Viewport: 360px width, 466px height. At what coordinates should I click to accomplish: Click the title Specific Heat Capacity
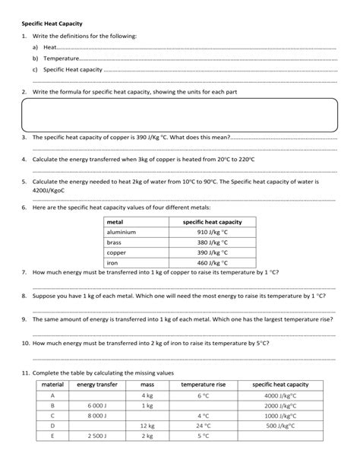(x=51, y=22)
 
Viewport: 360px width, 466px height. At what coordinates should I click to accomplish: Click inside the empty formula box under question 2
(x=179, y=116)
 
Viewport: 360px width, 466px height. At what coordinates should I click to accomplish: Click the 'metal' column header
(x=116, y=221)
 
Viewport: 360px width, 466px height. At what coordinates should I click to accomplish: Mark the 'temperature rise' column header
(x=203, y=385)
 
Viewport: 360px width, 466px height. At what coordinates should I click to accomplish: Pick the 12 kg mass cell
(x=148, y=426)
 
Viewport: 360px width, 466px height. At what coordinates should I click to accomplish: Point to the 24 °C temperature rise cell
(x=203, y=426)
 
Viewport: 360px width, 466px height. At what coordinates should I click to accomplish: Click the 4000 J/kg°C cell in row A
(x=280, y=395)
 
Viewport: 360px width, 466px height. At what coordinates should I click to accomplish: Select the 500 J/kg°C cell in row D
(x=282, y=426)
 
